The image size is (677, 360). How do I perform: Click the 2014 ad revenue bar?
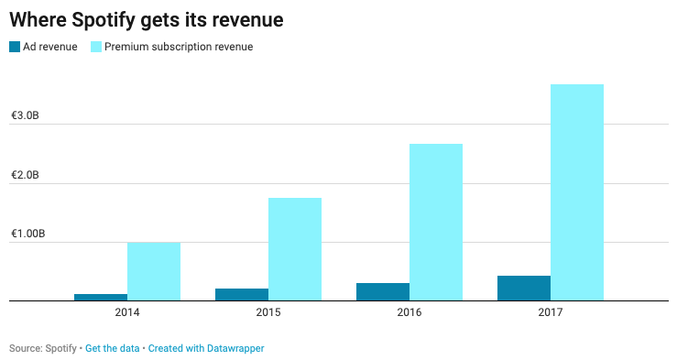[x=101, y=297]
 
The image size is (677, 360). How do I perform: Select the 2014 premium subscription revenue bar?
[x=154, y=271]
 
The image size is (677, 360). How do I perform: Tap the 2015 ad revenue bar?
[x=242, y=294]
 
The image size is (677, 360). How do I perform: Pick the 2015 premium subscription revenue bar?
[x=295, y=249]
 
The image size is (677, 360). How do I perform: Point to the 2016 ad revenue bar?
[x=383, y=291]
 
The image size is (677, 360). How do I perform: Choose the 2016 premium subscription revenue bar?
[x=436, y=222]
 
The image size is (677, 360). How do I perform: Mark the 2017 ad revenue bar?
[x=524, y=288]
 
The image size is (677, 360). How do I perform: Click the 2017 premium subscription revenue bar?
[x=577, y=192]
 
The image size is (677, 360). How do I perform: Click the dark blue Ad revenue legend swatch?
[x=15, y=47]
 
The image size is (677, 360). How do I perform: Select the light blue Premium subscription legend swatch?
[x=95, y=47]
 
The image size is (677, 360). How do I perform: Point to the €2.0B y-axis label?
[x=25, y=175]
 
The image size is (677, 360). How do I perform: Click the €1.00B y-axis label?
[x=27, y=235]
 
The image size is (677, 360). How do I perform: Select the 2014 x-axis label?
[x=127, y=313]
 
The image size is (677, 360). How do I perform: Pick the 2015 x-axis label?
[x=268, y=313]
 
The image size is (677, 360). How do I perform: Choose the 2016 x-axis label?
[x=409, y=313]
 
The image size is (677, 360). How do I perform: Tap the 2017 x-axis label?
[x=551, y=313]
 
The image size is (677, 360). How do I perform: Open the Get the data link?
[x=113, y=349]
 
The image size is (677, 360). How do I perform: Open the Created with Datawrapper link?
[x=206, y=349]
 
